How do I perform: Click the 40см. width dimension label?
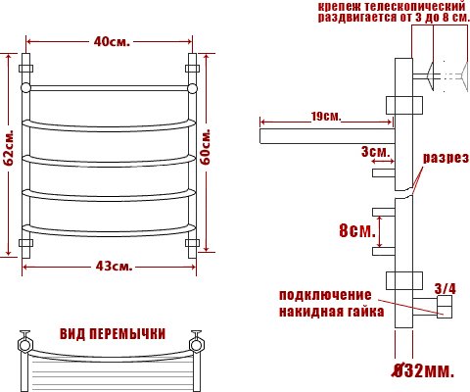[112, 41]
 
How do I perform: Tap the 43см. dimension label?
[115, 267]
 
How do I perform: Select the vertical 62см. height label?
[9, 148]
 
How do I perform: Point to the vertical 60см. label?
[206, 147]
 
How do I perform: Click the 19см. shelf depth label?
[326, 117]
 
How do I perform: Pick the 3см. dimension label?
[375, 152]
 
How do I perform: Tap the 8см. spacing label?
[357, 230]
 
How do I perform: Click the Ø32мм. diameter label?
[423, 370]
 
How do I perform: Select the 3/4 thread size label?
[445, 289]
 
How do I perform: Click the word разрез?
[446, 158]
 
